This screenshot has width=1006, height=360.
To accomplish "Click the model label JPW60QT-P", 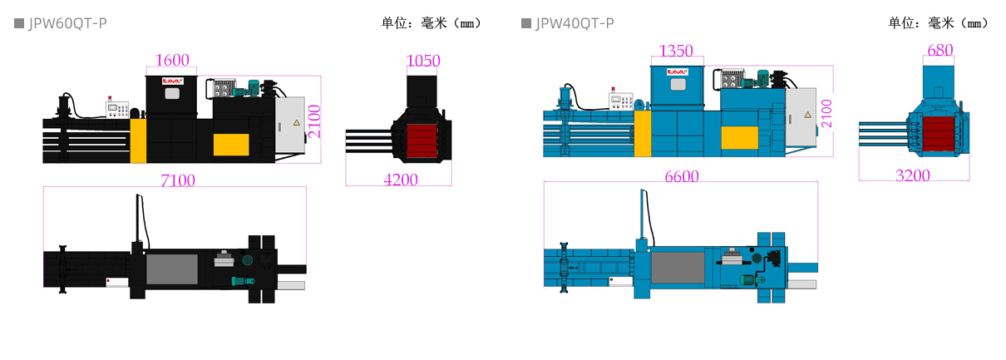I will coord(67,23).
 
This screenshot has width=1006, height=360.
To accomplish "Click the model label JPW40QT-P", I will coord(575,23).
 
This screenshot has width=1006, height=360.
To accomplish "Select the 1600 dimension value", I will coord(173,60).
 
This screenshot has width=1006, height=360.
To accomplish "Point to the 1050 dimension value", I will coord(423,61).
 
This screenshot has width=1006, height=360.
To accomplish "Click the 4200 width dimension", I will coord(400,179).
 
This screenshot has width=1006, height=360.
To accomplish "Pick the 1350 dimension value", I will coord(675,51).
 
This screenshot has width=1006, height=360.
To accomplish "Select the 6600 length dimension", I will coord(681,175).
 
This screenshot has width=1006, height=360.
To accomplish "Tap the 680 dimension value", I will coord(939,50).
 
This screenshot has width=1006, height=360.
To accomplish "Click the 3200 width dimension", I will coord(912,175).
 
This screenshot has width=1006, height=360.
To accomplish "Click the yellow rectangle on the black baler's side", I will coord(231,144).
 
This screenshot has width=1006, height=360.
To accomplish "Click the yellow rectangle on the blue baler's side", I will coord(738,137).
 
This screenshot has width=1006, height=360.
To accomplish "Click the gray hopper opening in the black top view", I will coord(172,269).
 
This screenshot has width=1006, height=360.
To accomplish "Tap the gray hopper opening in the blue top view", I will coord(678,267).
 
